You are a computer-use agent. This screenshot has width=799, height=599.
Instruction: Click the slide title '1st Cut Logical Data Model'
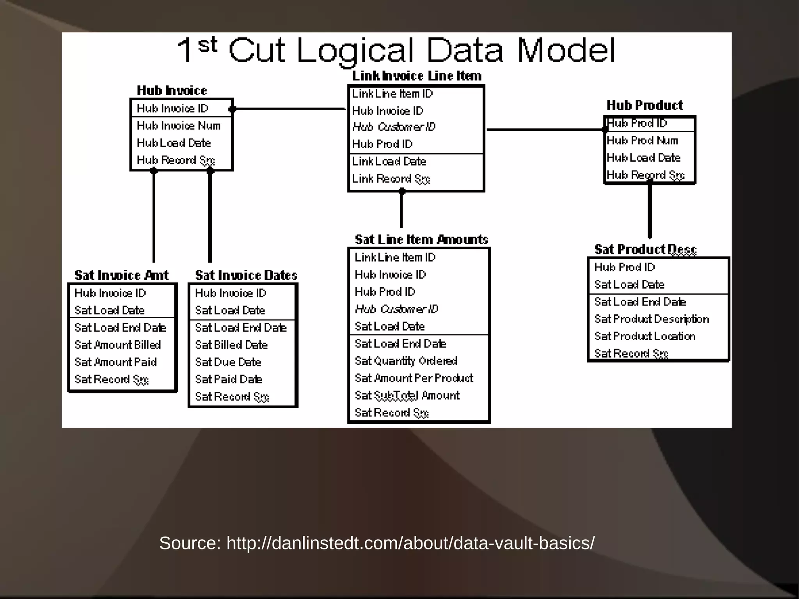pyautogui.click(x=396, y=51)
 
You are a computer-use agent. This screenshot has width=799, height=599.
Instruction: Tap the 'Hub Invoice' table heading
pyautogui.click(x=172, y=91)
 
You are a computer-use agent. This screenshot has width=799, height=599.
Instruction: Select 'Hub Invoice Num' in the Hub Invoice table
pyautogui.click(x=178, y=126)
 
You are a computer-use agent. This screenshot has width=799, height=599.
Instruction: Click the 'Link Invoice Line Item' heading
pyautogui.click(x=416, y=76)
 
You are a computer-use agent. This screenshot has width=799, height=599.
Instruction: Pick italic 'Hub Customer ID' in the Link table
pyautogui.click(x=393, y=127)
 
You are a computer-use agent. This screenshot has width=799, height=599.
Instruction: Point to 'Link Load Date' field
pyautogui.click(x=389, y=162)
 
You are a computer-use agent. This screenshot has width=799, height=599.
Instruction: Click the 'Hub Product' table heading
pyautogui.click(x=645, y=105)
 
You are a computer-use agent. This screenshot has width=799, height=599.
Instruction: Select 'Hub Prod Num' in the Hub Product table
pyautogui.click(x=642, y=140)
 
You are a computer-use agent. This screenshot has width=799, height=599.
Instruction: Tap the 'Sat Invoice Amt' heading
pyautogui.click(x=121, y=276)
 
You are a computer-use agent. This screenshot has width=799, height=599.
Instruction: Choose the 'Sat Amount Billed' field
pyautogui.click(x=117, y=345)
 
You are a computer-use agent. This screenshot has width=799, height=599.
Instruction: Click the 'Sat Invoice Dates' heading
pyautogui.click(x=246, y=276)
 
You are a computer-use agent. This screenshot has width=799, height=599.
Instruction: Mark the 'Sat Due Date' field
pyautogui.click(x=228, y=362)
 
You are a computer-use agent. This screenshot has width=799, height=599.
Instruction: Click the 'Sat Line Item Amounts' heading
pyautogui.click(x=421, y=240)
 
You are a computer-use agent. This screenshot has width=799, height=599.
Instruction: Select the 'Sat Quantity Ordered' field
pyautogui.click(x=406, y=361)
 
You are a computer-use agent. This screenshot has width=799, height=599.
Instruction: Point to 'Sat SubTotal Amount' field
pyautogui.click(x=407, y=396)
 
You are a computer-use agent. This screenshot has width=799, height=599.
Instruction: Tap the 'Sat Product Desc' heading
pyautogui.click(x=645, y=249)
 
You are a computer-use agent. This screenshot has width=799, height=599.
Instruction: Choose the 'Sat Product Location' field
pyautogui.click(x=645, y=336)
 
